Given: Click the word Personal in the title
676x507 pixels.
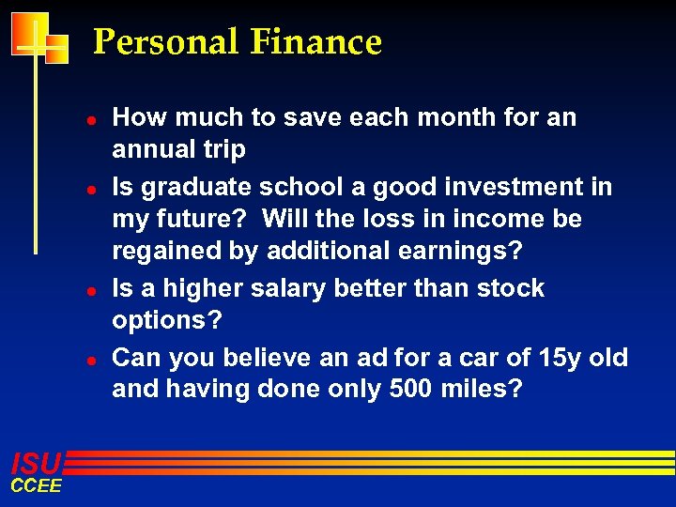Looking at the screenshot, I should click(166, 42).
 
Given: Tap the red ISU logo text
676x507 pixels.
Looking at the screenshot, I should click(36, 463).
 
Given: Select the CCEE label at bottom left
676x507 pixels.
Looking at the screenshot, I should click(36, 485).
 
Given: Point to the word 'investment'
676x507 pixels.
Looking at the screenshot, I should click(503, 187).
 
